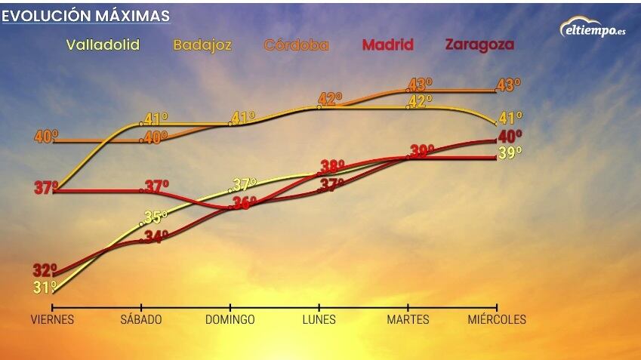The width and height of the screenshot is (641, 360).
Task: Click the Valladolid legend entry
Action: click(103, 45)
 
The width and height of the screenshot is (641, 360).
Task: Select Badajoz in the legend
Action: click(202, 45)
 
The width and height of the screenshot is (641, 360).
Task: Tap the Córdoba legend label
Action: click(296, 45)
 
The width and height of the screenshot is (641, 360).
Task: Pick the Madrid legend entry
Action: click(388, 45)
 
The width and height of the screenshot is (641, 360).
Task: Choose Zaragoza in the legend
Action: click(479, 45)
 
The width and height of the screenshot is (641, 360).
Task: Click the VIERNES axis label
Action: click(52, 319)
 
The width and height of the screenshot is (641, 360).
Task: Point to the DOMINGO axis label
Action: click(230, 319)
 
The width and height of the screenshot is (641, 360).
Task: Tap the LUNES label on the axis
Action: click(319, 319)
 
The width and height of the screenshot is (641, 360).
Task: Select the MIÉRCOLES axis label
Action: click(497, 319)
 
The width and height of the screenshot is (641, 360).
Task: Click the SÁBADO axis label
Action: click(141, 319)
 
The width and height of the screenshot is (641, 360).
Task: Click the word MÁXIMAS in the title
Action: click(131, 16)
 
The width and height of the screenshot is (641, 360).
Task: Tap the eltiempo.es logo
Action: click(593, 29)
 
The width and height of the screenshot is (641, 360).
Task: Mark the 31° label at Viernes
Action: click(45, 288)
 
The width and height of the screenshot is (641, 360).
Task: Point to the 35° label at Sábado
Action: click(156, 217)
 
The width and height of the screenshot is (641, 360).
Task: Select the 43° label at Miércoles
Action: click(509, 85)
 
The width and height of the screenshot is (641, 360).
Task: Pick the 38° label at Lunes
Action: click(332, 166)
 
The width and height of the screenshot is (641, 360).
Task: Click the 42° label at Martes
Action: click(421, 100)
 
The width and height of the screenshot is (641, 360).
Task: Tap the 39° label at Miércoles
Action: click(510, 154)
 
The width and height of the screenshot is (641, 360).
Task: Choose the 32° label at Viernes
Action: click(45, 270)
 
